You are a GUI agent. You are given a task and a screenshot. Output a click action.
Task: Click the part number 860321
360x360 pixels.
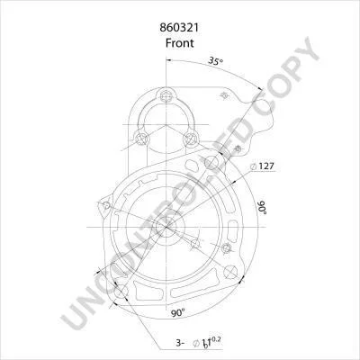coord(179,28)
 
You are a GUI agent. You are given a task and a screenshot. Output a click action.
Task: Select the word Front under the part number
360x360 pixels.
coord(180,43)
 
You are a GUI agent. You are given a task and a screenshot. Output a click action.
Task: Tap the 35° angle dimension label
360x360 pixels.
coord(216,61)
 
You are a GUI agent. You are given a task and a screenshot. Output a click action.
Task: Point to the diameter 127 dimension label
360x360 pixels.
coord(263,166)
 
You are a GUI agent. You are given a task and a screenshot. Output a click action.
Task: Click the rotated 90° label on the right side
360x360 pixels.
coord(263,207)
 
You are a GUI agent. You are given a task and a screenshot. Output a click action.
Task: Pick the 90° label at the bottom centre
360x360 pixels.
coord(178,313)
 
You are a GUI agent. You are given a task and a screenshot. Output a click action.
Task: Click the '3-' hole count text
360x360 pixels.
coord(180,343)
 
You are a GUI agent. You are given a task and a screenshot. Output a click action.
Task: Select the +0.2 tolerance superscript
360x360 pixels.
coord(215,339)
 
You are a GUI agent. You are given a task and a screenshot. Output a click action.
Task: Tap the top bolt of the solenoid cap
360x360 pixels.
coord(166,95)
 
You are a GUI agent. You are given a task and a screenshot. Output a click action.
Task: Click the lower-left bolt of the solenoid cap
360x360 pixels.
coord(141,139)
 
